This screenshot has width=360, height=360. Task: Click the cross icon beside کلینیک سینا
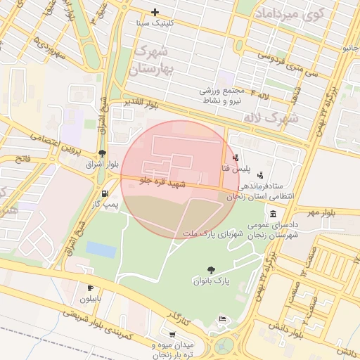tap(155, 12)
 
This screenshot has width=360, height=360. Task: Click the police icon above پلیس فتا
tap(235, 157)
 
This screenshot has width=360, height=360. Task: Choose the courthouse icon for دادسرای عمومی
tap(272, 214)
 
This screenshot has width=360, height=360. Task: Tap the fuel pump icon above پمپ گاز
tap(105, 193)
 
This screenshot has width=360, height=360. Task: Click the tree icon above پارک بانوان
tap(210, 270)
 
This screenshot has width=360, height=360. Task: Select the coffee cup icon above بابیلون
tap(90, 288)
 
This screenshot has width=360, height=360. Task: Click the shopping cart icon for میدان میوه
tap(172, 335)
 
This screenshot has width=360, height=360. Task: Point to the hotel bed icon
tap(223, 320)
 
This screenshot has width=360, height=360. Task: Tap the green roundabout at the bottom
tap(225, 346)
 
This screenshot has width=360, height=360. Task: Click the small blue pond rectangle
tap(101, 250)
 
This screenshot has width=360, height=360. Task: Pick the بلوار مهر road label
tap(320, 211)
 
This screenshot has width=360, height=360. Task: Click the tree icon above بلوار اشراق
tap(103, 153)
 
